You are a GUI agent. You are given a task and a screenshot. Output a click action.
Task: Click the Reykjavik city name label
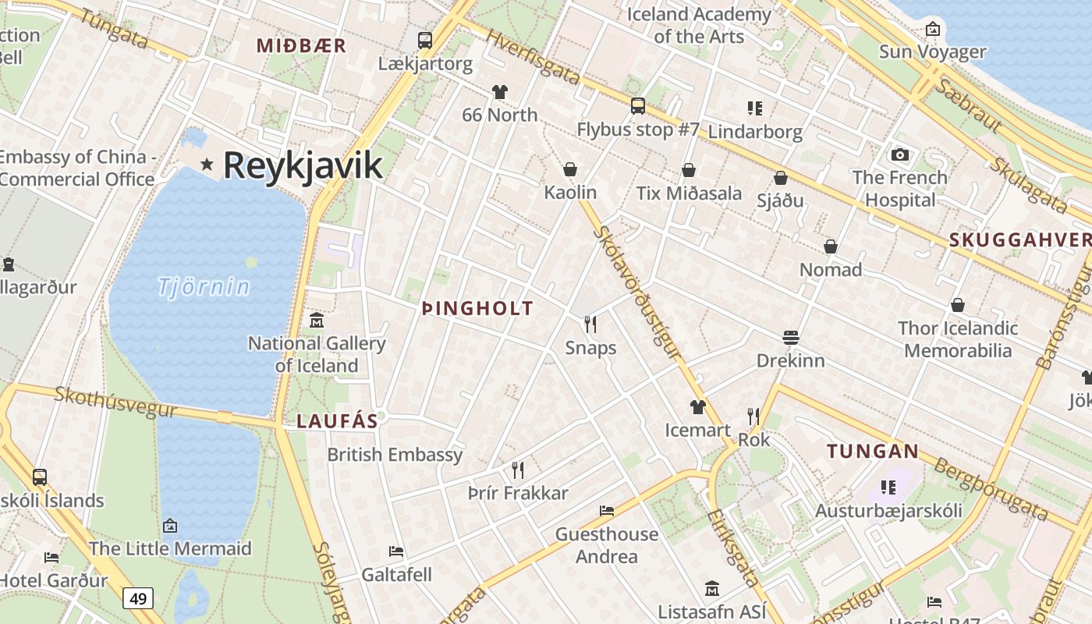coord(303,165)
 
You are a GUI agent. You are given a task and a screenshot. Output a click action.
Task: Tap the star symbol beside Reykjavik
coord(207,164)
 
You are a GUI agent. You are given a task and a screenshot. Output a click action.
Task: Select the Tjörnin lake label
coord(204,287)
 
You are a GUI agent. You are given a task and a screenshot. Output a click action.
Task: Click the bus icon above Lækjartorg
coord(425,41)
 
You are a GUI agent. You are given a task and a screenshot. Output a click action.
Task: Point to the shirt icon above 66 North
coord(500,92)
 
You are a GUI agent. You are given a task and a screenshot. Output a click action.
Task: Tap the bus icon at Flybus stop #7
coord(638,106)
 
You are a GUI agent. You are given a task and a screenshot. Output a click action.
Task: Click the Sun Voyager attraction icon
coord(932,30)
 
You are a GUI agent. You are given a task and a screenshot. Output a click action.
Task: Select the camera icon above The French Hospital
coord(900,154)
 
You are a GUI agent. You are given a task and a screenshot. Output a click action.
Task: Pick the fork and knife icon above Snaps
coord(590,324)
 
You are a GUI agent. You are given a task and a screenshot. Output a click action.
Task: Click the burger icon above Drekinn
coord(791,338)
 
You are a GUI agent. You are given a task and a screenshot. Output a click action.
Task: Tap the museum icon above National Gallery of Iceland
coord(317,320)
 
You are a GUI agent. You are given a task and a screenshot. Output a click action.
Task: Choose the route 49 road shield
coord(138,599)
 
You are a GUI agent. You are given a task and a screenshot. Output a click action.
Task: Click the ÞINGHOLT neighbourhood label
coord(477,309)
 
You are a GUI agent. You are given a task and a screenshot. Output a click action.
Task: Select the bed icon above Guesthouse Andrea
coord(607,511)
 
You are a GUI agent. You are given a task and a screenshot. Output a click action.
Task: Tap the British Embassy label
coord(395,455)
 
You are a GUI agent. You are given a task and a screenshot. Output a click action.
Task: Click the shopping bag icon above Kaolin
coord(570,169)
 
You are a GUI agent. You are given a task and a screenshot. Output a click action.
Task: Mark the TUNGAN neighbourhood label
coord(873,451)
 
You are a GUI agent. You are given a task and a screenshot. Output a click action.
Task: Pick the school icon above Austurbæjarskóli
coord(888,487)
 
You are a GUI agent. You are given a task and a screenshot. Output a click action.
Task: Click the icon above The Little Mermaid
coord(170,526)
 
